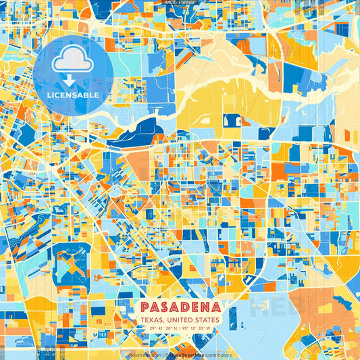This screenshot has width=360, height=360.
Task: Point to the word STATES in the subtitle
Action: [x=207, y=319]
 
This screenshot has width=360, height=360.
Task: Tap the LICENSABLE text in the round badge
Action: [x=73, y=95]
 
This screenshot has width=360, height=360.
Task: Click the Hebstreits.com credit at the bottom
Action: [x=144, y=355]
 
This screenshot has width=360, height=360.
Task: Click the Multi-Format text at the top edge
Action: [x=180, y=3]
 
